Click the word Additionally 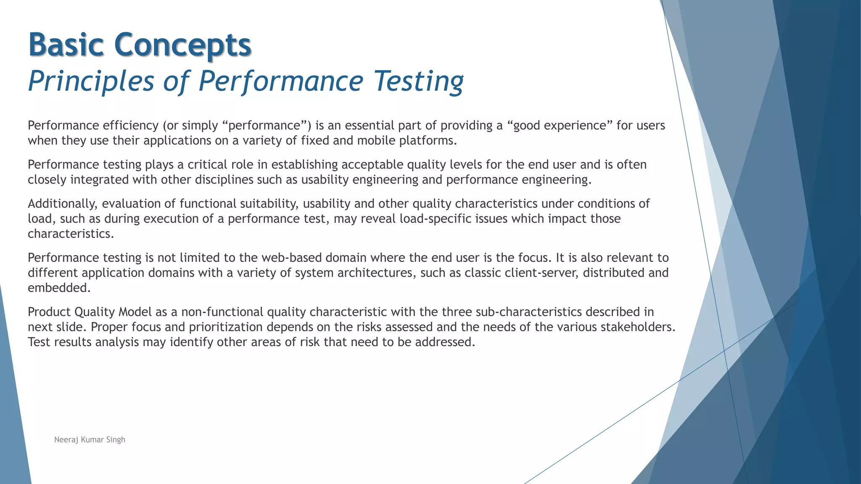pos(63,204)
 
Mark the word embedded pos(59,288)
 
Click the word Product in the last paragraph pos(49,312)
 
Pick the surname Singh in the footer pos(116,440)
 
